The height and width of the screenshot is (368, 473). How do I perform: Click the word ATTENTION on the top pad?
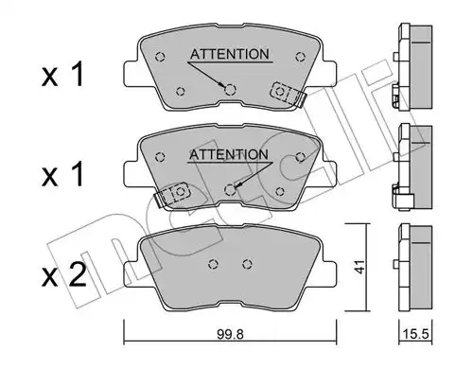click(x=230, y=54)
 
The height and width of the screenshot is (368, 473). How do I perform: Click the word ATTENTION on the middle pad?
click(x=229, y=154)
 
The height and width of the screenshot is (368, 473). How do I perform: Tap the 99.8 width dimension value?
click(x=230, y=334)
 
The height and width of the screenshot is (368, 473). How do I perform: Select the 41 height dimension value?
click(x=359, y=267)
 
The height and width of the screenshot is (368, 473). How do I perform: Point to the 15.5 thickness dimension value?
click(x=415, y=334)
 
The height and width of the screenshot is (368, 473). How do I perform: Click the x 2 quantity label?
click(x=64, y=275)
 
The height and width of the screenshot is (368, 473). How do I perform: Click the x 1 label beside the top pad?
click(x=62, y=75)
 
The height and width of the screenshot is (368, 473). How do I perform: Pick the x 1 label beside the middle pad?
click(x=62, y=174)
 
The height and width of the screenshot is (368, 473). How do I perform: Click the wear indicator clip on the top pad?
click(x=288, y=95)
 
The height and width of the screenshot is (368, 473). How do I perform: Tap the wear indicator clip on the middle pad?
click(x=172, y=195)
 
